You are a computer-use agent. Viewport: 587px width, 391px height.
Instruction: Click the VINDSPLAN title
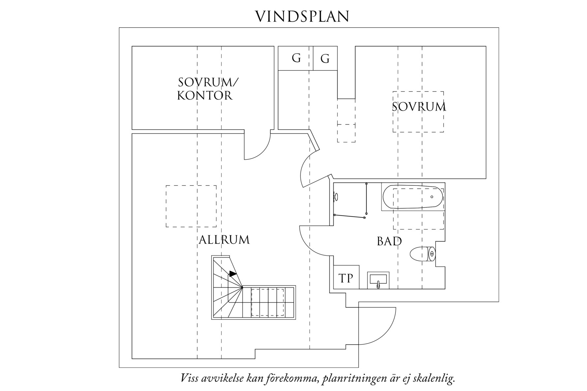click(302, 16)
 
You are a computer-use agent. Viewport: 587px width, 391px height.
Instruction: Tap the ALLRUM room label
click(224, 240)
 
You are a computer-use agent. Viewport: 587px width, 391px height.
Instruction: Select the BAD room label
click(389, 241)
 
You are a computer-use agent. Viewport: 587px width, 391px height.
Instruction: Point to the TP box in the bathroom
click(346, 278)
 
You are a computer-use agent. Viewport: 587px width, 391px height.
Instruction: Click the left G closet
click(296, 58)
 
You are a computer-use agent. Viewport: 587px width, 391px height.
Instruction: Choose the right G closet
click(325, 59)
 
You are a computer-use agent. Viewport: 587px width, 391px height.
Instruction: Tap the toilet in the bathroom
click(422, 254)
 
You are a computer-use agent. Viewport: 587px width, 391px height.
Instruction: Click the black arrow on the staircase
click(233, 273)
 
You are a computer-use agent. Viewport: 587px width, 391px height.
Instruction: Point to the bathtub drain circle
click(432, 197)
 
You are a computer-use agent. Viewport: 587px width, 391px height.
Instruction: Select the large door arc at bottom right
click(379, 326)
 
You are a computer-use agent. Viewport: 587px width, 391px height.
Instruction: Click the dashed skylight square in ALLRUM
click(191, 206)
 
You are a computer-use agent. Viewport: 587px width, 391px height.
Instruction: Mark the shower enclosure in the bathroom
click(350, 200)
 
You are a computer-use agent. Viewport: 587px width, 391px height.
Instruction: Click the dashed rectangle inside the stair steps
click(267, 302)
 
